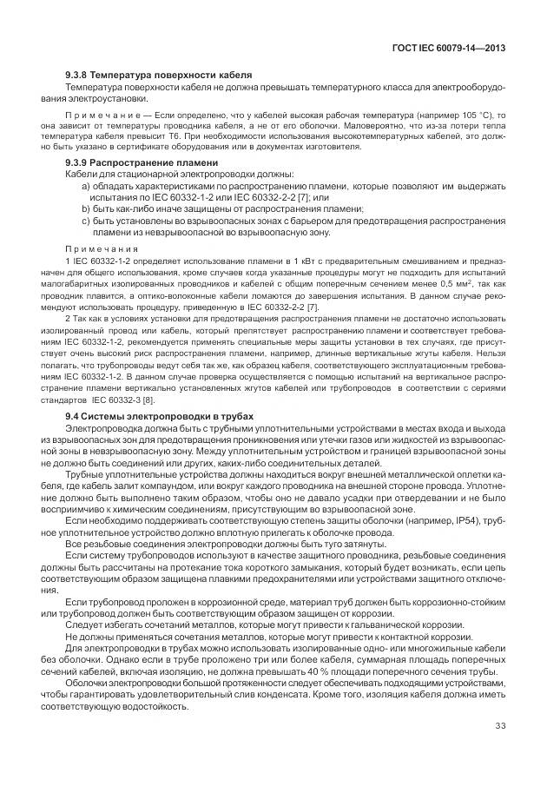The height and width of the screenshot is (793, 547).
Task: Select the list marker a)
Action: click(85, 187)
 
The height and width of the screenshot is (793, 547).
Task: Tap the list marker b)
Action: click(85, 208)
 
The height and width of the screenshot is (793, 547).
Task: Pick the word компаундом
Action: click(197, 486)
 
